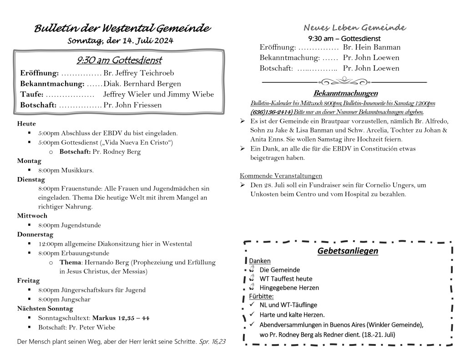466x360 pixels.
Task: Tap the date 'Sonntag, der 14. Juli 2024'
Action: pos(121,41)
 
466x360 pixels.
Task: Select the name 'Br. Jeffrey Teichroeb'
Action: pos(139,73)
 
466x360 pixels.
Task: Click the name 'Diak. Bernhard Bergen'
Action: pos(142,84)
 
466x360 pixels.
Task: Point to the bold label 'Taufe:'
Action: pos(32,95)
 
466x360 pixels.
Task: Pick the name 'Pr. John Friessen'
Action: pos(132,105)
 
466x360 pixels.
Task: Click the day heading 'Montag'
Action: pos(29,161)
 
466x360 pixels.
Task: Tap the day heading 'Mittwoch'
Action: pos(32,216)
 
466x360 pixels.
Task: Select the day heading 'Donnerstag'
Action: pos(35,234)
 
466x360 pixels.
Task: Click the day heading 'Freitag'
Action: pos(28,280)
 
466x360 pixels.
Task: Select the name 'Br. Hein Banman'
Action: pos(372,47)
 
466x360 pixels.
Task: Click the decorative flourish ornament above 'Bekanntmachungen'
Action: pos(344,81)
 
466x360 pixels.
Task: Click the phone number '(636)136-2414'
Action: pos(267,112)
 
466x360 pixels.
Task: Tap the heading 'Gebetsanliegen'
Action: pos(348,251)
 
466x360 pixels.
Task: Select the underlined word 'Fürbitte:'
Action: pos(262,296)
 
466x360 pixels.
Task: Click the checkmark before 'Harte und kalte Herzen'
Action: pos(252,314)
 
